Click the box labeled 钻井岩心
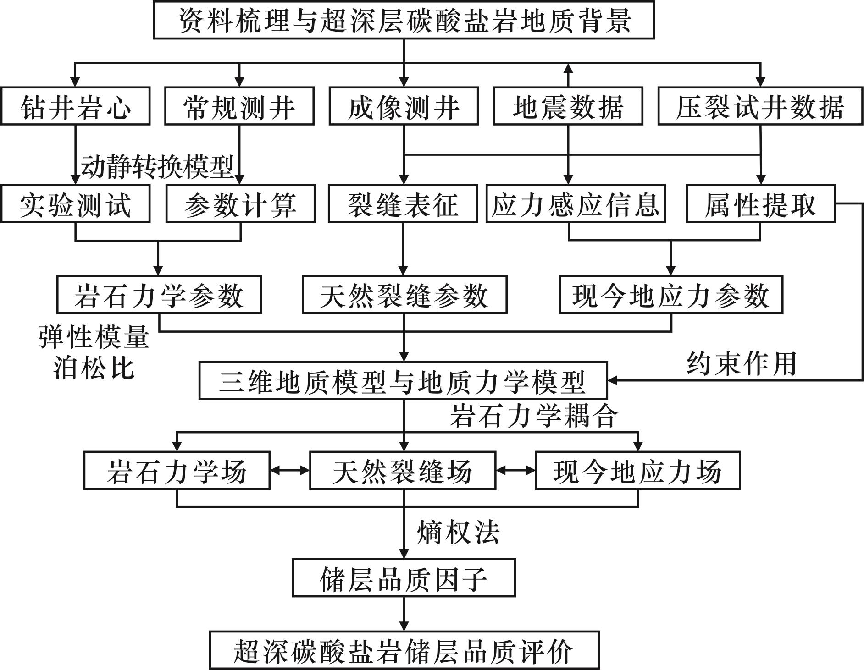[76, 106]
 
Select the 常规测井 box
[239, 106]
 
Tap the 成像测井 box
[404, 106]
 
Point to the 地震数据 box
[568, 106]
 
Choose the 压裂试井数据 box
[760, 106]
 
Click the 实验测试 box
[76, 204]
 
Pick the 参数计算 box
[240, 204]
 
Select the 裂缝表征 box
[403, 204]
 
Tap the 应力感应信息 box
[576, 204]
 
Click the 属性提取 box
[760, 204]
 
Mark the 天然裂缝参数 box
[404, 295]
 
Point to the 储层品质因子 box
[404, 578]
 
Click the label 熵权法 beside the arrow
[458, 533]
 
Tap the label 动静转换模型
[157, 167]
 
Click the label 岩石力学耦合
[534, 416]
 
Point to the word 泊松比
[94, 367]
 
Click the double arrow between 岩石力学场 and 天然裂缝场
[289, 471]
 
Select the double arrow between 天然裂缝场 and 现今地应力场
[515, 471]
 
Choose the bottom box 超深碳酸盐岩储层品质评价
[404, 650]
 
